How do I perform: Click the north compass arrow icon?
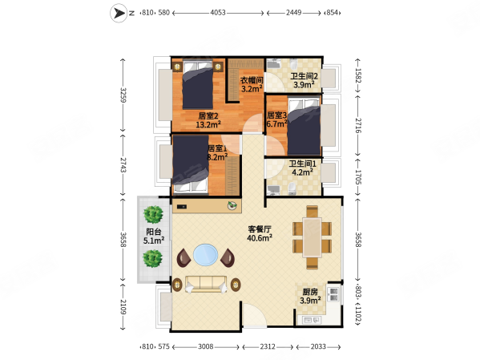pyautogui.click(x=119, y=13)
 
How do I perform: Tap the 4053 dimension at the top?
pyautogui.click(x=218, y=13)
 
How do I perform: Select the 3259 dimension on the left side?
pyautogui.click(x=123, y=95)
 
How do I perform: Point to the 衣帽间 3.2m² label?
pyautogui.click(x=252, y=84)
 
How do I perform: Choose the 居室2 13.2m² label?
pyautogui.click(x=208, y=120)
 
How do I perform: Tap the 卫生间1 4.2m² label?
pyautogui.click(x=302, y=168)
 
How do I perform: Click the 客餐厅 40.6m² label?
pyautogui.click(x=260, y=233)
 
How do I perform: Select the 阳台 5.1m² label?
pyautogui.click(x=154, y=237)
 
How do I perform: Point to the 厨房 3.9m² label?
pyautogui.click(x=310, y=297)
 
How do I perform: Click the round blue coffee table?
pyautogui.click(x=206, y=255)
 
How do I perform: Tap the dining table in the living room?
pyautogui.click(x=313, y=237)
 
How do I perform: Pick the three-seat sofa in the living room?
pyautogui.click(x=206, y=284)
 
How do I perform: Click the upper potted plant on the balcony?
pyautogui.click(x=153, y=214)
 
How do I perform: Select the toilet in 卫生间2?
pyautogui.click(x=293, y=63)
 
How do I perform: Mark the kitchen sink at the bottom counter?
pyautogui.click(x=312, y=320)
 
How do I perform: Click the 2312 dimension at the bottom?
pyautogui.click(x=268, y=347)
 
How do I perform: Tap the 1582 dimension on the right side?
pyautogui.click(x=358, y=75)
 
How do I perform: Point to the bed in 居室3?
pyautogui.click(x=304, y=127)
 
